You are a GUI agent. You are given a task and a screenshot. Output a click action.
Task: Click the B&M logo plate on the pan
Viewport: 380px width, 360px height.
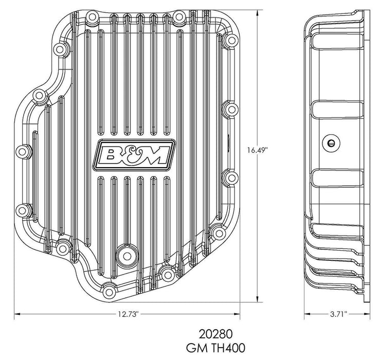[133, 154]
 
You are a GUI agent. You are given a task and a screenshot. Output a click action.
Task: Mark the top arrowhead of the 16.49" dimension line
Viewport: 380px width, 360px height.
[257, 11]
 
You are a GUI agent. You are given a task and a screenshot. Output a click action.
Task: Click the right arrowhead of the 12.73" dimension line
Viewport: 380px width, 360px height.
[240, 313]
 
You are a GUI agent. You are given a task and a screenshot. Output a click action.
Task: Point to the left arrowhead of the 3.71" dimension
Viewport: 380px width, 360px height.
[305, 313]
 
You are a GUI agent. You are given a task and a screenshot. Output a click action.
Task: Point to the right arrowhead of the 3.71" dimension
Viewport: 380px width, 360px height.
[369, 313]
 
